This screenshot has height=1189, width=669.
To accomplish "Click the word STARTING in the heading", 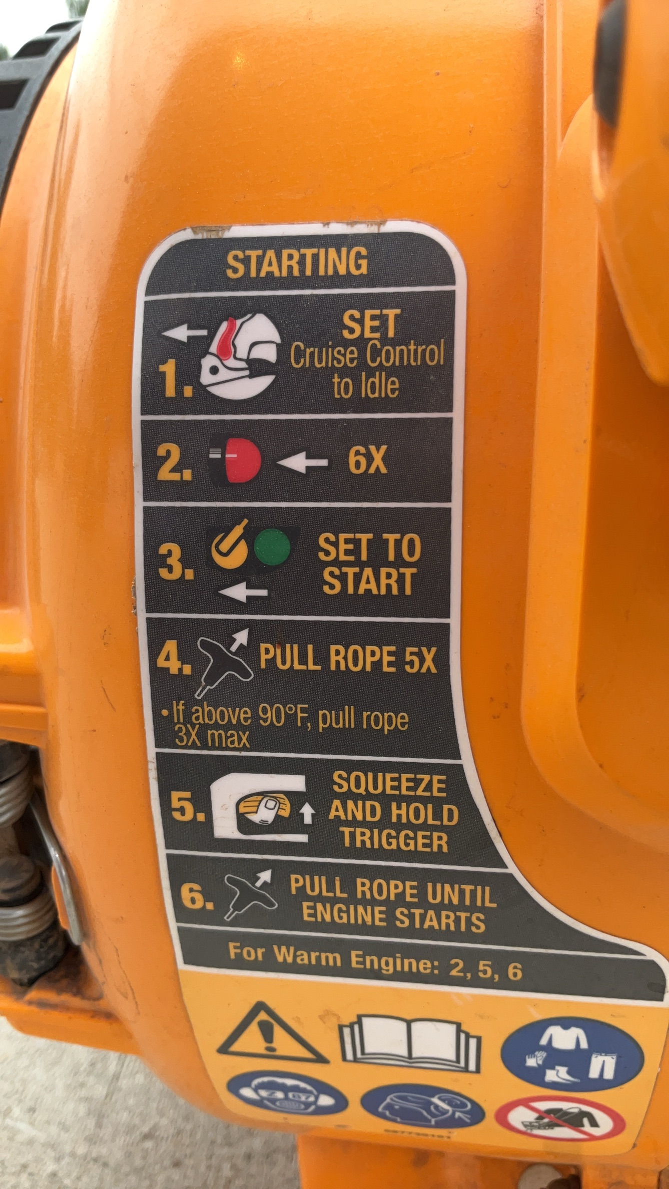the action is (297, 262).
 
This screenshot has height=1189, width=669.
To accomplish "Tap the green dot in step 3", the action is (273, 548).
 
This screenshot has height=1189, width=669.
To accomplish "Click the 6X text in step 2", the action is (368, 460).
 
